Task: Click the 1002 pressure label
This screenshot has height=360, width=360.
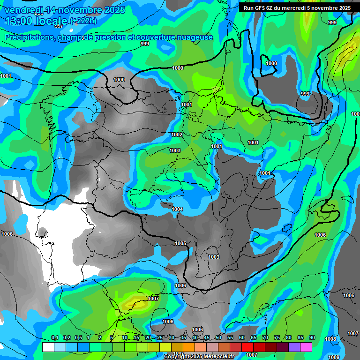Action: [x=177, y=135]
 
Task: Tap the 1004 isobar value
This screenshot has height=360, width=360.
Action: [x=178, y=209]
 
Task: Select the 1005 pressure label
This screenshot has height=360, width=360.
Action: [x=180, y=243]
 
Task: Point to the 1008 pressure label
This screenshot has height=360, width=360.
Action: [x=331, y=339]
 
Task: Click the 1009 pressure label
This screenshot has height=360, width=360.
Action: [x=334, y=357]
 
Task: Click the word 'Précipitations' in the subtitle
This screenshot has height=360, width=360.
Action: [x=29, y=37]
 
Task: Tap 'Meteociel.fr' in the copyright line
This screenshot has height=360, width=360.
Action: [x=216, y=357]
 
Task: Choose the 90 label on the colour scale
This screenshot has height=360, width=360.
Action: [x=312, y=337]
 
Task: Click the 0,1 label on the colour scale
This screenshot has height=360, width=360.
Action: [x=55, y=337]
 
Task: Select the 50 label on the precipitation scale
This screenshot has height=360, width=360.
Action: [x=218, y=337]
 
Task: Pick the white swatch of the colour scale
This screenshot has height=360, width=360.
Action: [x=48, y=347]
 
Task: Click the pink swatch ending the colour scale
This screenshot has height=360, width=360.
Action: [x=306, y=347]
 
